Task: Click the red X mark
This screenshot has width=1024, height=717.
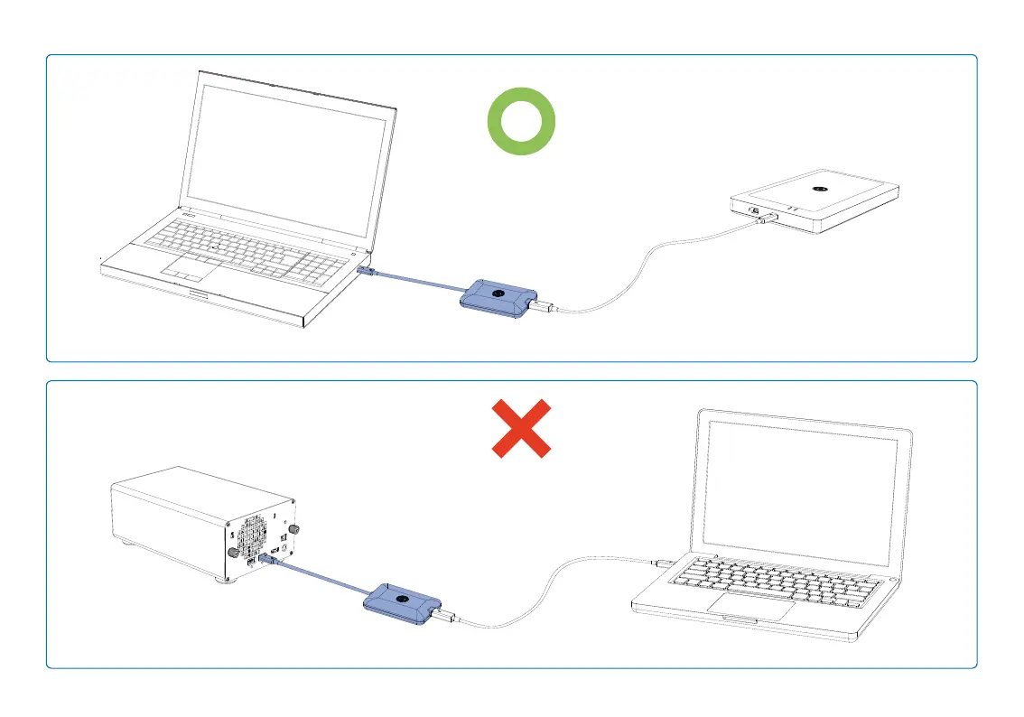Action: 521,428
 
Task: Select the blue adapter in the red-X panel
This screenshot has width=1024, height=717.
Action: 402,601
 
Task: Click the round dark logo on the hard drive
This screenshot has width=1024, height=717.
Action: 820,189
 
